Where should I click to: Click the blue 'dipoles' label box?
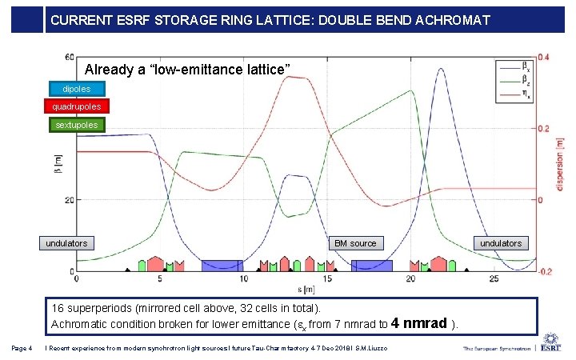pos(77,89)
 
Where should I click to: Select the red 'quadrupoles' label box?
pos(77,106)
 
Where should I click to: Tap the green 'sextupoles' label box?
pos(77,125)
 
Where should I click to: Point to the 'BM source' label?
pos(355,243)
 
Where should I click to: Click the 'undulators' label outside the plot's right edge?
pos(501,243)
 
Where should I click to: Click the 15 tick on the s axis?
pos(327,279)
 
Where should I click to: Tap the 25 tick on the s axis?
pos(494,279)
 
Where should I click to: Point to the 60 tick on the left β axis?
pos(70,57)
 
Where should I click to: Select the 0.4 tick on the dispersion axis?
pos(543,57)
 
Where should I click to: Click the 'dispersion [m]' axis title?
pos(565,164)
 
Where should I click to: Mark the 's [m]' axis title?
pos(305,289)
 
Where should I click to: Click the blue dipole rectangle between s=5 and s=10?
pos(222,266)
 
